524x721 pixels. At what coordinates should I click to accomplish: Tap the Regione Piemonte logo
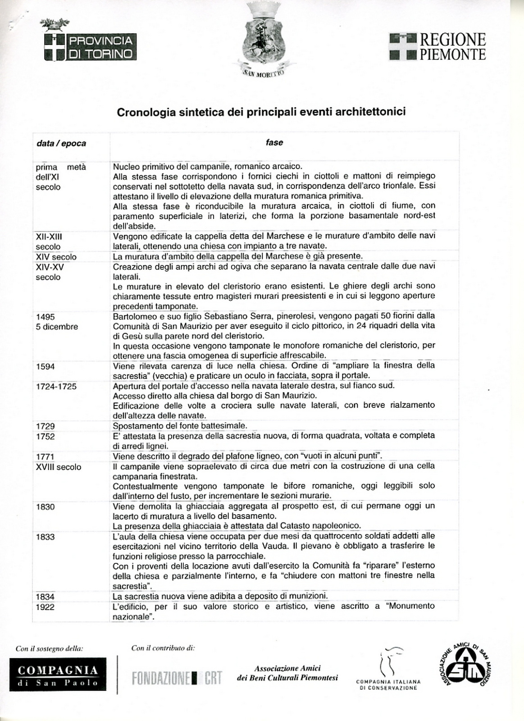(437, 46)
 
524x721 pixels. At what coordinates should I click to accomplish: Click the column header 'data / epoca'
(61, 143)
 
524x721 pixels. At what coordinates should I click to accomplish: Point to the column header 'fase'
(274, 142)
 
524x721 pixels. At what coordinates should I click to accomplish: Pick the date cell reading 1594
(46, 366)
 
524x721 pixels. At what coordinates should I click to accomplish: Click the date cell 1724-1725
(56, 386)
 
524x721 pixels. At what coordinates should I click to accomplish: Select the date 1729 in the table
(46, 426)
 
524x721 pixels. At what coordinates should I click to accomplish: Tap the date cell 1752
(46, 436)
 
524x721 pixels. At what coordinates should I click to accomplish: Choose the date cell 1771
(46, 456)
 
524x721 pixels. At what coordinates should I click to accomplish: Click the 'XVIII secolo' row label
(59, 467)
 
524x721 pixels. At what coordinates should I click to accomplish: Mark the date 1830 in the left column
(46, 507)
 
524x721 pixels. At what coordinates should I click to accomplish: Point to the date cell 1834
(46, 597)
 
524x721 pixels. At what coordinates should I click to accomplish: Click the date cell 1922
(46, 607)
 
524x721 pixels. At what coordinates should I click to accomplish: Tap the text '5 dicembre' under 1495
(57, 327)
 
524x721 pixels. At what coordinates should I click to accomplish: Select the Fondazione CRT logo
(177, 678)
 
